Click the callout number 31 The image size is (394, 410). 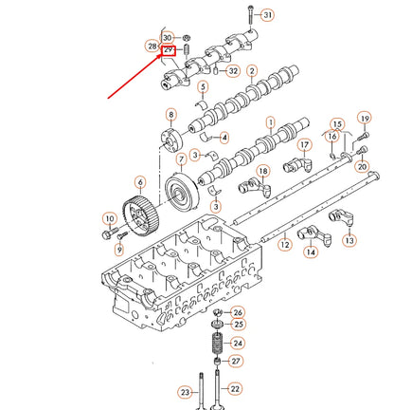coord(267,15)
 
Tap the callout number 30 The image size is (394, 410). coord(169,36)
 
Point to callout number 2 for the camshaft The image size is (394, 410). coord(252,71)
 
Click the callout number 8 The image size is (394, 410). coord(170,115)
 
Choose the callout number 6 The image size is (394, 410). coord(140,181)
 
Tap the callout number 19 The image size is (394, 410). coord(363,118)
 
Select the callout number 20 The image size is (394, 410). coord(362,166)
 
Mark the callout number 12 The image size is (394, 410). coord(284,245)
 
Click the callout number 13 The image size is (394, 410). coord(349,241)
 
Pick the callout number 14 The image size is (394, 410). coord(310,252)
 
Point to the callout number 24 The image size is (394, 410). coord(238,343)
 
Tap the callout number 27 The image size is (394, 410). coord(238,361)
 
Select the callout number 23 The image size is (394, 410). coord(186,390)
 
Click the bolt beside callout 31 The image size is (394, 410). coord(248,15)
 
